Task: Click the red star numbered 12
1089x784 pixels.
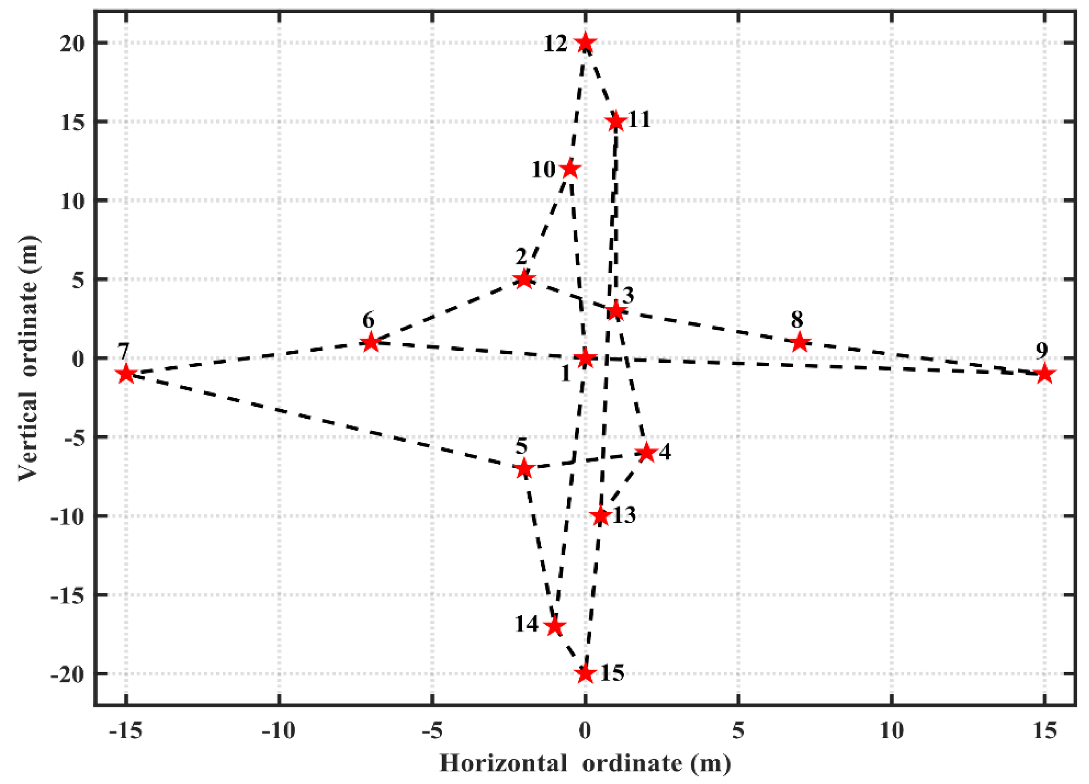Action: (x=585, y=43)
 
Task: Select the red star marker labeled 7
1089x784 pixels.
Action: (x=126, y=374)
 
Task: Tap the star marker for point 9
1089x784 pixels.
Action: (x=1044, y=374)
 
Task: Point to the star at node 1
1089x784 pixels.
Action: (x=585, y=358)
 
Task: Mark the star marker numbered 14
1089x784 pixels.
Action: (x=555, y=626)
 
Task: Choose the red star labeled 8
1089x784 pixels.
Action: (x=800, y=342)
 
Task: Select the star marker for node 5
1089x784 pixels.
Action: (x=524, y=468)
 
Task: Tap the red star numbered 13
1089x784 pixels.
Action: (x=600, y=516)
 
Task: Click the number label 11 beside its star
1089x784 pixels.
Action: (x=639, y=119)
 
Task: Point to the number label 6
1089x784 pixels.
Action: (x=368, y=319)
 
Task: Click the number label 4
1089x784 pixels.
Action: (x=664, y=452)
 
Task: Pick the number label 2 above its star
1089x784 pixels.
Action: (x=522, y=257)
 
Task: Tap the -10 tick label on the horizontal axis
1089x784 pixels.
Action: (x=278, y=730)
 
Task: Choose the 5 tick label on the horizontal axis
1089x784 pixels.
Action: (x=738, y=730)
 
